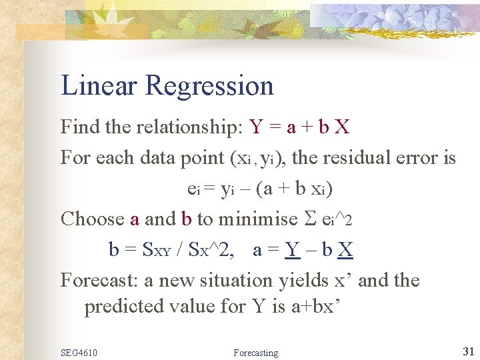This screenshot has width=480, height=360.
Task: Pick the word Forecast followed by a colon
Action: tap(99, 280)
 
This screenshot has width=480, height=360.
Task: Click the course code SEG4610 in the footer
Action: tap(79, 352)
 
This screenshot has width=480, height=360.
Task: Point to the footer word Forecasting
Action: tap(256, 352)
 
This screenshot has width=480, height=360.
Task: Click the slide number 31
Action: tap(468, 351)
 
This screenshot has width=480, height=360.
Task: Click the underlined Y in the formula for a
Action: tap(291, 250)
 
